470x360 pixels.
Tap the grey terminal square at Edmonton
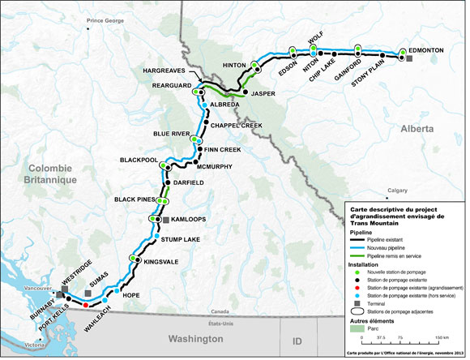pos(409,59)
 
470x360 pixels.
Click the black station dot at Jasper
pos(245,92)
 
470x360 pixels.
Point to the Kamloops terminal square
pos(165,220)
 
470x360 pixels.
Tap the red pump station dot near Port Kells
pos(86,305)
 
